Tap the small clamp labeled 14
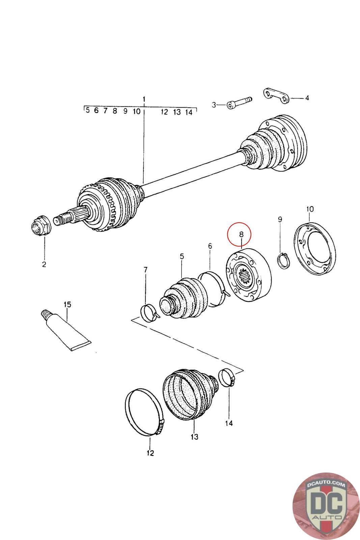pyautogui.click(x=227, y=378)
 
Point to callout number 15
pyautogui.click(x=67, y=304)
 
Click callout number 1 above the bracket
pyautogui.click(x=144, y=100)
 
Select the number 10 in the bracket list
pyautogui.click(x=136, y=111)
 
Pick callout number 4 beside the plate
pyautogui.click(x=307, y=98)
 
